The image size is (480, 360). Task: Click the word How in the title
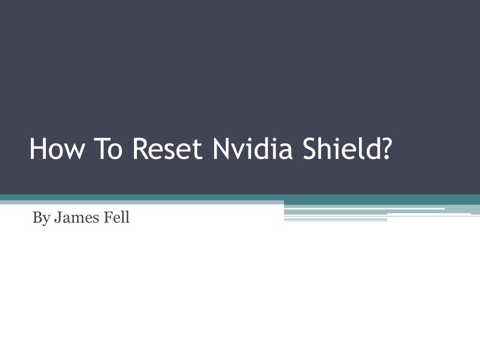point(57,149)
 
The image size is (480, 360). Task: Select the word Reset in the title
point(167,149)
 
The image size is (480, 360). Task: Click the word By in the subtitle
point(42,218)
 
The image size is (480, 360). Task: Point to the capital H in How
point(37,149)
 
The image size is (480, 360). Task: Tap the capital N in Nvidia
point(221,149)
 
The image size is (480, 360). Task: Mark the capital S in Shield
point(309,149)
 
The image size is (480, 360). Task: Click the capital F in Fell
point(108,217)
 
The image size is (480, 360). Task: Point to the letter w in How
point(74,151)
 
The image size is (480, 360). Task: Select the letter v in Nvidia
point(237,151)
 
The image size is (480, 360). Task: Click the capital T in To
point(100,149)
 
